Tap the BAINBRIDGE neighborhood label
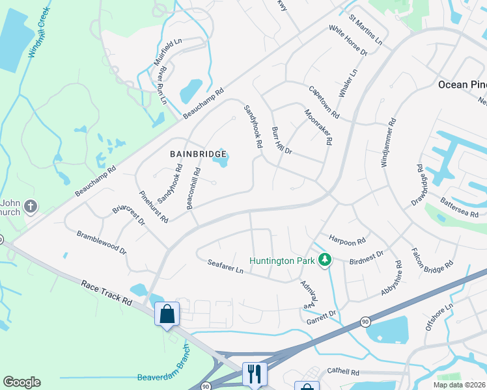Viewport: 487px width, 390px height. click(x=199, y=154)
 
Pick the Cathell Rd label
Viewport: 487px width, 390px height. click(x=343, y=372)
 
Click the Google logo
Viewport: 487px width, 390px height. click(x=21, y=382)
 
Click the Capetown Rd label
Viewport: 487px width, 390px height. click(x=324, y=102)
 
